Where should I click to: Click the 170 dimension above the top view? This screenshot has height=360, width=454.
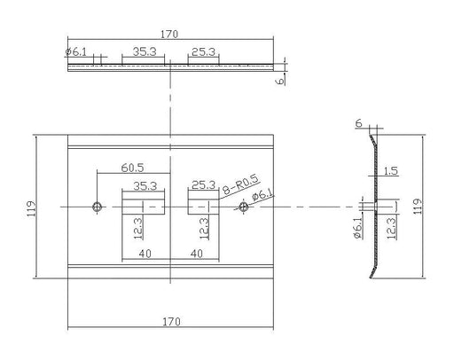169,35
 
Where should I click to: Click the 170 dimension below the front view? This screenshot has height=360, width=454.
171,322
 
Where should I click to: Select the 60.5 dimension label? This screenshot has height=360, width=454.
132,168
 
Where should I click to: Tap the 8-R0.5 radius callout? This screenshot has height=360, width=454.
241,184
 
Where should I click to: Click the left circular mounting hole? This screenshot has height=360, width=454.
98,207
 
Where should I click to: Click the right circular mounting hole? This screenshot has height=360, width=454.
243,207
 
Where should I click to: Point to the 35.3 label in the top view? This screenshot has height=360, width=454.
145,51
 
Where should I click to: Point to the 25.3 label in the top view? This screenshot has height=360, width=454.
203,51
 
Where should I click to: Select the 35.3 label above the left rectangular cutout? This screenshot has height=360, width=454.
145,186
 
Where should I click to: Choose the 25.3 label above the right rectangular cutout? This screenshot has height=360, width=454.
204,185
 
